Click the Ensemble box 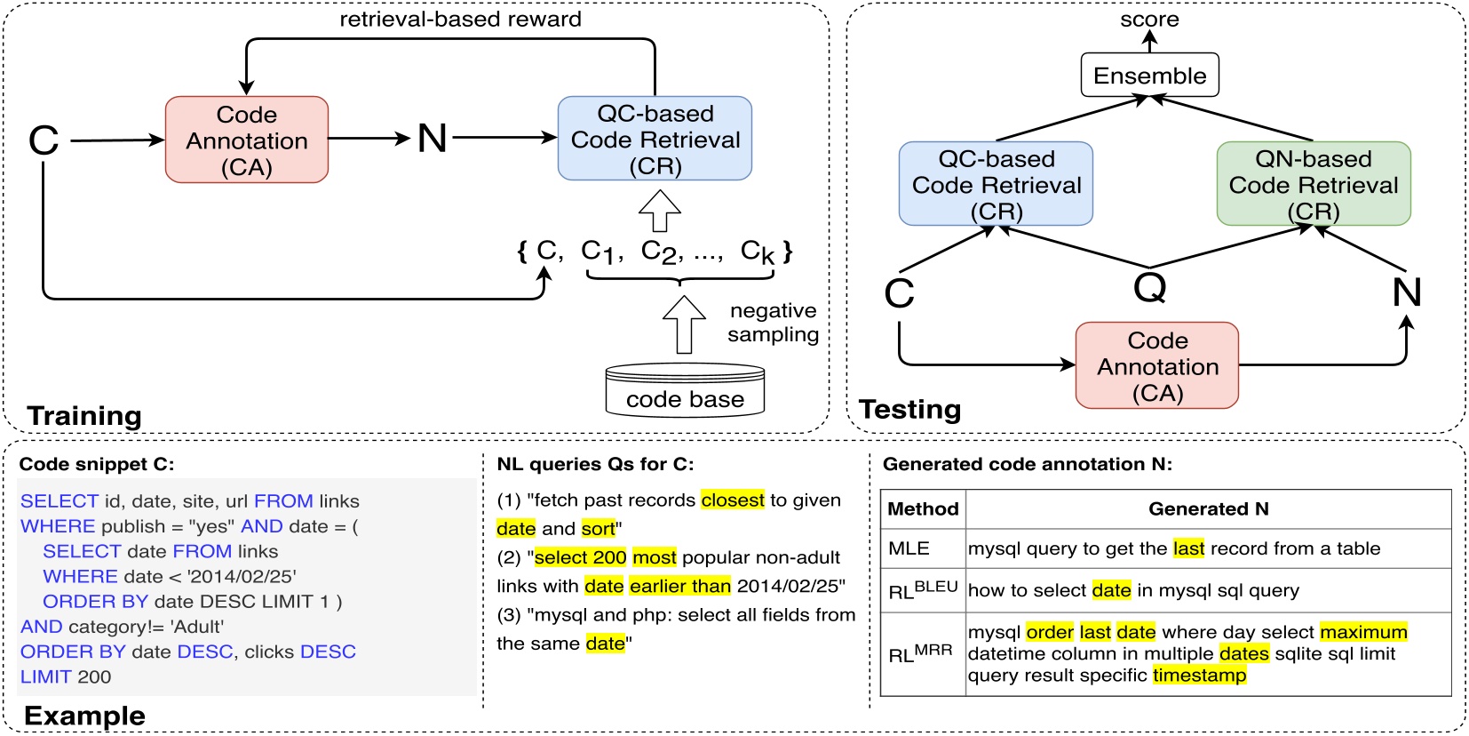click(1149, 76)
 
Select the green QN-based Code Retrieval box click(1313, 184)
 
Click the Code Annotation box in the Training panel click(247, 140)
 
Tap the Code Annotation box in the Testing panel click(1156, 365)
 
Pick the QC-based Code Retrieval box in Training click(655, 139)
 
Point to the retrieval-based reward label click(460, 19)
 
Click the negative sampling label click(773, 322)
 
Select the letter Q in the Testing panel click(1150, 287)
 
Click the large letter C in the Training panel click(44, 140)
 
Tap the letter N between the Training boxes click(433, 138)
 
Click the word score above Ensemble click(1149, 19)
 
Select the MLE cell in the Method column click(909, 548)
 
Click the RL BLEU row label click(922, 589)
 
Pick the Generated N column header click(1208, 508)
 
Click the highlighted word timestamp click(1199, 675)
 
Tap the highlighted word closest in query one click(732, 500)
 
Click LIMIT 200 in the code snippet click(66, 676)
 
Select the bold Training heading click(84, 415)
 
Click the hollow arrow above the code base click(684, 324)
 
